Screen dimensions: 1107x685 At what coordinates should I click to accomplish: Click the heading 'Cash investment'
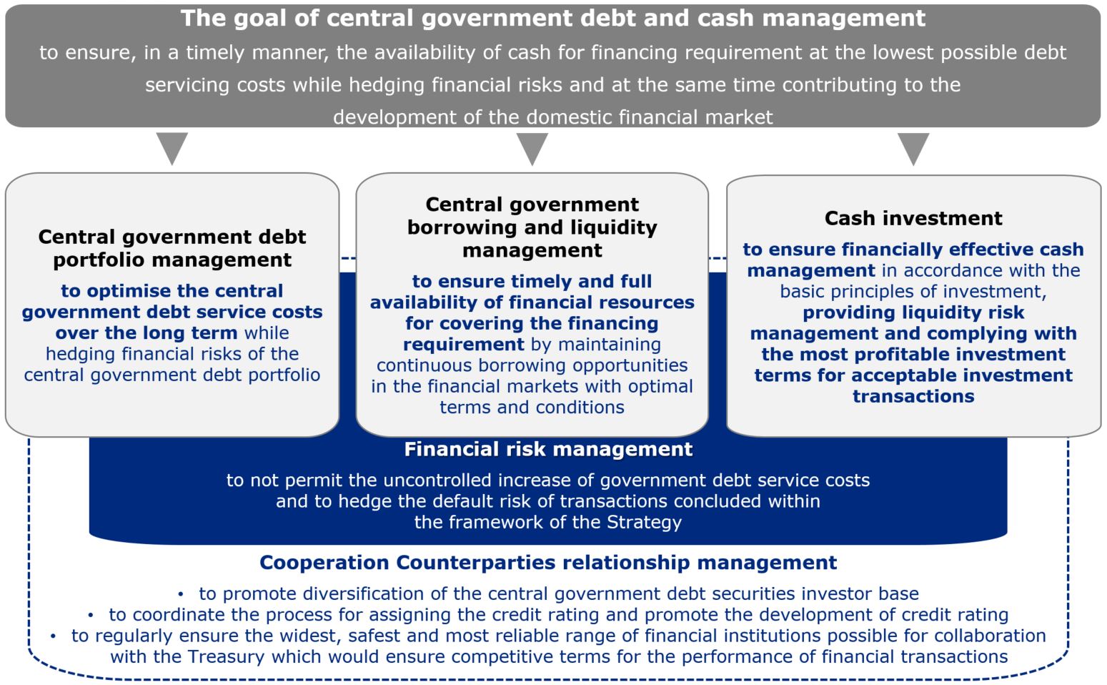pos(913,218)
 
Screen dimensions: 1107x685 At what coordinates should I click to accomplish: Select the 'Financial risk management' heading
pos(548,449)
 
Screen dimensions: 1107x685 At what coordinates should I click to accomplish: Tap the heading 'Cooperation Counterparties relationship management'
pos(548,562)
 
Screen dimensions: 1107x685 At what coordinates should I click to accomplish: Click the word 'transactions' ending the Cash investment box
pos(913,396)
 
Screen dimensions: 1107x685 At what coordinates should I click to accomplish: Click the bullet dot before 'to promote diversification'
pos(181,594)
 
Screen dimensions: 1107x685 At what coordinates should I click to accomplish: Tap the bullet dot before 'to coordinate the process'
pos(91,615)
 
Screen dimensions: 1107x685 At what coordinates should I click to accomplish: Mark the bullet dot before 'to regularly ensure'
pos(53,636)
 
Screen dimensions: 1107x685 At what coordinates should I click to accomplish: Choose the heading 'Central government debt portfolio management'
pos(172,248)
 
